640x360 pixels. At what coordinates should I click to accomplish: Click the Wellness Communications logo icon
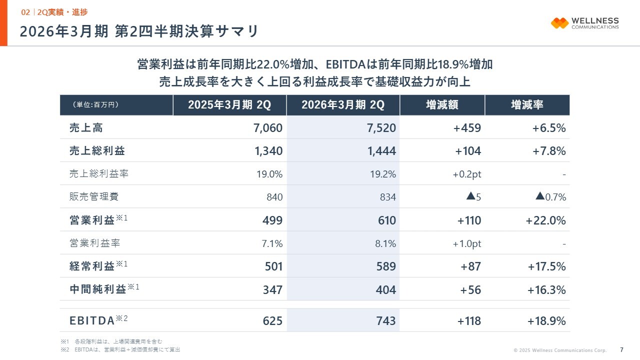click(x=559, y=23)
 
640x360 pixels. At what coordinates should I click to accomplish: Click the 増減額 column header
click(x=442, y=105)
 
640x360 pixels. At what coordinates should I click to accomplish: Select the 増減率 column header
click(x=527, y=105)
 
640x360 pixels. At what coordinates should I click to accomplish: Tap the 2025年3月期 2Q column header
click(x=229, y=105)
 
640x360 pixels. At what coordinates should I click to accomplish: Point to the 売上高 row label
click(x=86, y=128)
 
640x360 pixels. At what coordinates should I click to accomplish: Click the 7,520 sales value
click(x=381, y=128)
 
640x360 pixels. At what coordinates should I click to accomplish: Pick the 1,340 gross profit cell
click(x=268, y=151)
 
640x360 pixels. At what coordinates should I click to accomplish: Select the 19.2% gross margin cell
click(x=384, y=174)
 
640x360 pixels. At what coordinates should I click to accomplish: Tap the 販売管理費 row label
click(x=94, y=197)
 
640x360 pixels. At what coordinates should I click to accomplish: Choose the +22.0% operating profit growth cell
click(x=545, y=220)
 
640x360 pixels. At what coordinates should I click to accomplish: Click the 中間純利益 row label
click(x=98, y=289)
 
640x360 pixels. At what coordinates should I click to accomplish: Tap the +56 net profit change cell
click(x=470, y=290)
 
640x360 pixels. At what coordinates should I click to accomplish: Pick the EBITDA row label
click(x=92, y=320)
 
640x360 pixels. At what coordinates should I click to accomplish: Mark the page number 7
click(x=621, y=349)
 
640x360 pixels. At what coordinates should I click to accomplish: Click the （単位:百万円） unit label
click(x=96, y=105)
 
